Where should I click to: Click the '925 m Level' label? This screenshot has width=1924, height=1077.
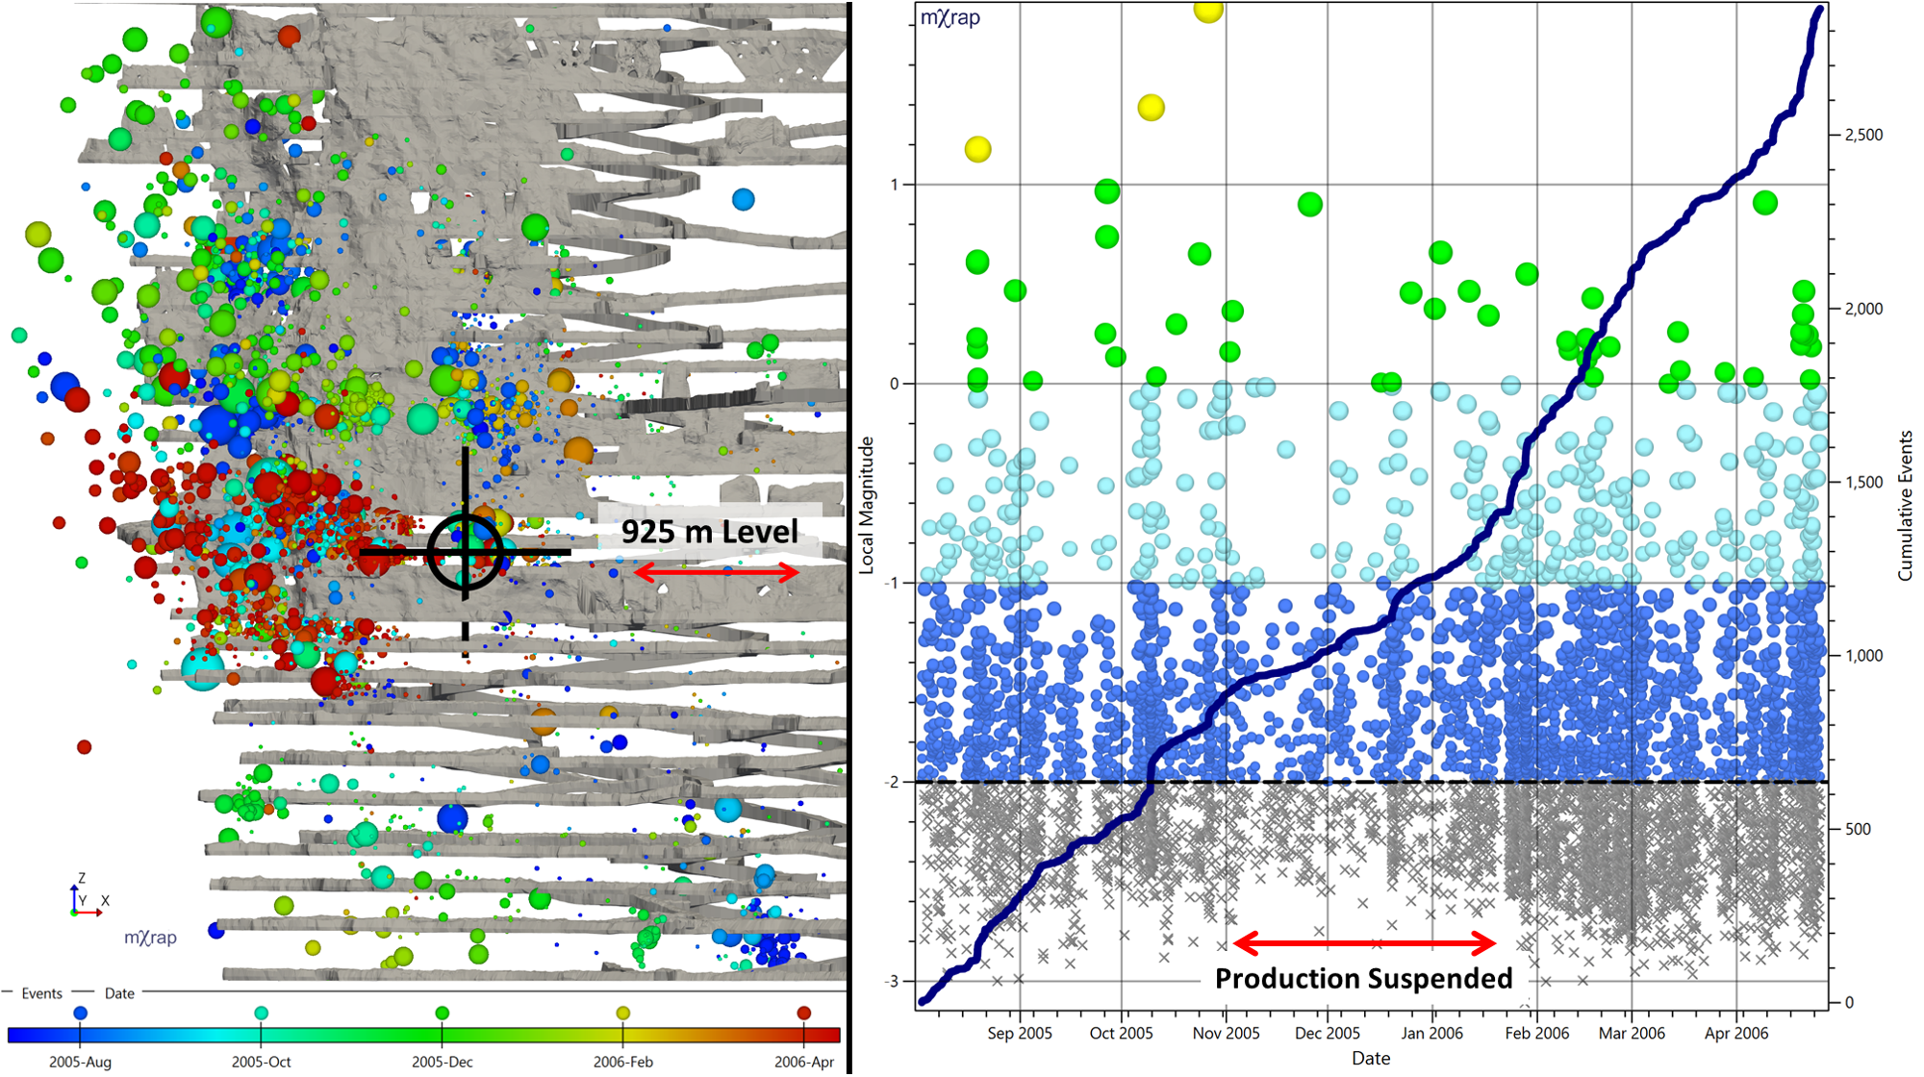709,532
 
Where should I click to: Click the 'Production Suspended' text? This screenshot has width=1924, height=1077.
1363,979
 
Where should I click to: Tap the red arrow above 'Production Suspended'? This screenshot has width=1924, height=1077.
1363,943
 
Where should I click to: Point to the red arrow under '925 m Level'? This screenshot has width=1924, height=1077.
717,573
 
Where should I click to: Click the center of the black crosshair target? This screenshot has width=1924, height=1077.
466,552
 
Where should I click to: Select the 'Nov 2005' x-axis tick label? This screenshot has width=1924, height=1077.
1226,1033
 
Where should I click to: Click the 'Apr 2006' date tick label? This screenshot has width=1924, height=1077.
1735,1033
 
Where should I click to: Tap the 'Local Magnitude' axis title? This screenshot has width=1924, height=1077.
867,505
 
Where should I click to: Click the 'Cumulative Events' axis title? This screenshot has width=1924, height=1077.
1905,505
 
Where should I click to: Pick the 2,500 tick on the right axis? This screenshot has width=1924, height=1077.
1862,135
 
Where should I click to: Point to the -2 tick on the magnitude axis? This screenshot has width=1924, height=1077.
893,782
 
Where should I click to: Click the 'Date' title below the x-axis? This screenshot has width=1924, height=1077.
1370,1058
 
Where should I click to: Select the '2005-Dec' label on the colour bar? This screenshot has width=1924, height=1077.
442,1062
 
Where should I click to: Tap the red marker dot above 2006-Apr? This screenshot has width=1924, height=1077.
803,1013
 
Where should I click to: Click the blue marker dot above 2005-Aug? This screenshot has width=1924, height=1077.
81,1013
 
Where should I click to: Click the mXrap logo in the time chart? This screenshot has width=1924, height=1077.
950,18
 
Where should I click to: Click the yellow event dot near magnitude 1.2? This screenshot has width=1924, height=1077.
977,149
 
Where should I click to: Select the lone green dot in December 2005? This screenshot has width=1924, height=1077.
1309,204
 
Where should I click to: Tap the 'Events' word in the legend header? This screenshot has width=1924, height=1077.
41,993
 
